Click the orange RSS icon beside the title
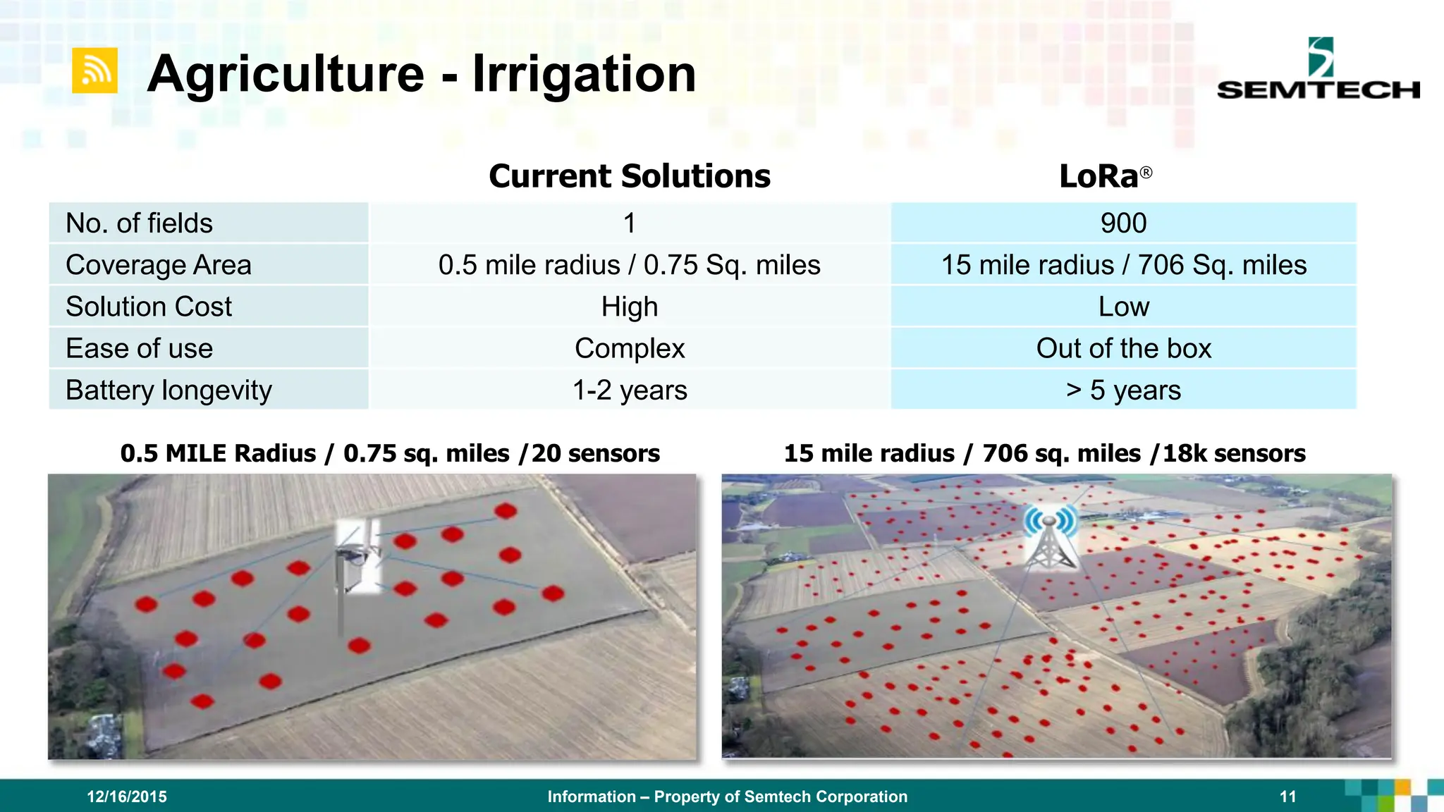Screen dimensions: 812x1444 [x=94, y=70]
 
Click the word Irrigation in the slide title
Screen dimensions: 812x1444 [x=584, y=74]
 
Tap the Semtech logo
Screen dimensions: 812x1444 [x=1318, y=70]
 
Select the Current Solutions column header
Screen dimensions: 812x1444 [x=629, y=176]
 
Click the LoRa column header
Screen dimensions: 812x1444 [x=1104, y=176]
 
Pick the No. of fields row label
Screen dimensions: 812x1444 [x=139, y=223]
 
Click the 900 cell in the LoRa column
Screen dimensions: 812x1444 [x=1123, y=223]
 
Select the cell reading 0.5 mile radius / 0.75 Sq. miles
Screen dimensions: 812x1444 [x=629, y=265]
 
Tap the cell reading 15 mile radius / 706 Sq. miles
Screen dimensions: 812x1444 [x=1123, y=265]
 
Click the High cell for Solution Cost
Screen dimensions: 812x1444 [x=629, y=307]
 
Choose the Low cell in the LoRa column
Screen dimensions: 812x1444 [x=1123, y=307]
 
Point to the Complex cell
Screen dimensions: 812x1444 [x=629, y=348]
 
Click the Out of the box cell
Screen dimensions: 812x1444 [x=1123, y=348]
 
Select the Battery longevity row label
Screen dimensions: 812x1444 [x=169, y=390]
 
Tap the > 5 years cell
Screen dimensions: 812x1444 [x=1123, y=390]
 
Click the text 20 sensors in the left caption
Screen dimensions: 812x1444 [x=595, y=453]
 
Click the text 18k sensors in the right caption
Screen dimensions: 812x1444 [x=1234, y=453]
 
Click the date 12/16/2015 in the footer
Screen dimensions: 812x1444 [x=127, y=796]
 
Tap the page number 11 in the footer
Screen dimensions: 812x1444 [x=1287, y=796]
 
